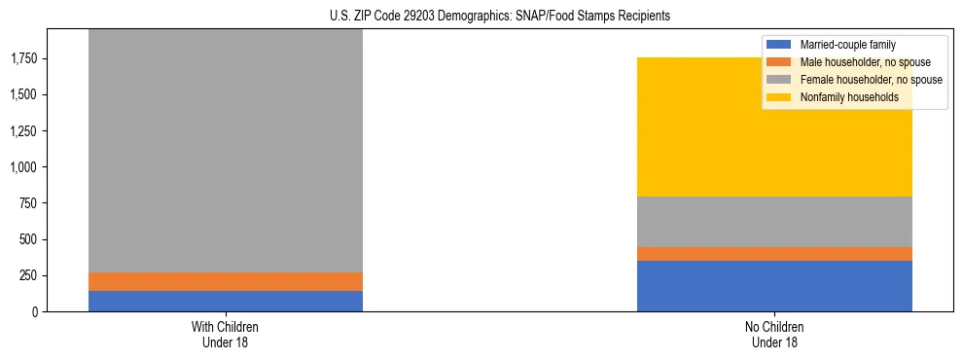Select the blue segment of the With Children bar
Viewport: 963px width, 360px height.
pyautogui.click(x=226, y=301)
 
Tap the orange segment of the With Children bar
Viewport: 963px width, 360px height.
pyautogui.click(x=226, y=281)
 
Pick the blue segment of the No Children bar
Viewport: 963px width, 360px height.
pyautogui.click(x=774, y=286)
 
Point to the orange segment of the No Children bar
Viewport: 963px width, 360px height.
pyautogui.click(x=774, y=254)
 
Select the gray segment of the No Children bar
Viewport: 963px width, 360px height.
pyautogui.click(x=774, y=222)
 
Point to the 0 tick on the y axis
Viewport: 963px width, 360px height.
pyautogui.click(x=35, y=311)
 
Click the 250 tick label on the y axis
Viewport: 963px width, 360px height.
pyautogui.click(x=28, y=275)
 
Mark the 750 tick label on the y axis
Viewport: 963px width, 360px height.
pyautogui.click(x=28, y=203)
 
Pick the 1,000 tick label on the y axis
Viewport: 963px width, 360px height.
pyautogui.click(x=23, y=167)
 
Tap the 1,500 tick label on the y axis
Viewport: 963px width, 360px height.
pyautogui.click(x=23, y=95)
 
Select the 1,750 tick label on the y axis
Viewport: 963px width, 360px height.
pyautogui.click(x=23, y=59)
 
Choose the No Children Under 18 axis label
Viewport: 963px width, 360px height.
pyautogui.click(x=774, y=334)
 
